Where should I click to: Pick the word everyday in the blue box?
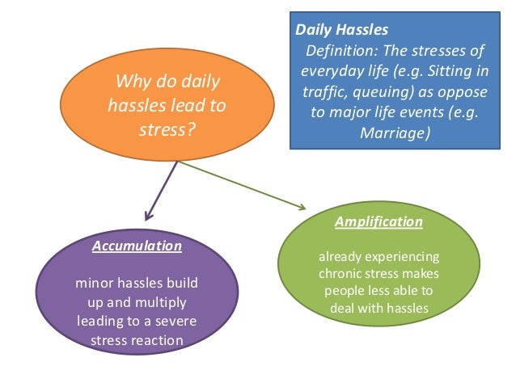click(x=324, y=71)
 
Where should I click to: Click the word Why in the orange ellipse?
click(x=133, y=82)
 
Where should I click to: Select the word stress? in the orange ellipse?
click(x=167, y=127)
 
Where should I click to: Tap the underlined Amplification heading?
click(x=379, y=221)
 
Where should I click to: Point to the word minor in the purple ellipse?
click(x=92, y=284)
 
